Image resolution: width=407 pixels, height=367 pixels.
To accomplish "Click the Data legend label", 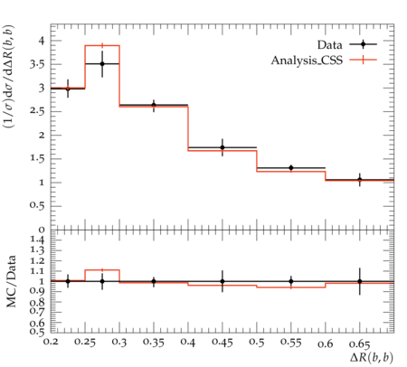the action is (329, 45).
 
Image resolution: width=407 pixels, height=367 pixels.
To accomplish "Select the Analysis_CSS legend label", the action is (307, 61).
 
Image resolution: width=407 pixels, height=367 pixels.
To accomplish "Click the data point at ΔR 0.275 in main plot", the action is (102, 63).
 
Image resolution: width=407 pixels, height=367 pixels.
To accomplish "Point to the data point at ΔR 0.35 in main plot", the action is (154, 105).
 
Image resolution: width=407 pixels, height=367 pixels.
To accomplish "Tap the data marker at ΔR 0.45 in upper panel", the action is (222, 147).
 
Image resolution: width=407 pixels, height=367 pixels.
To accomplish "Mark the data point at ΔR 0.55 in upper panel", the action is (291, 167).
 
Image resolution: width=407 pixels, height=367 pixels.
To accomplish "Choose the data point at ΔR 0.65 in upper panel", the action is (360, 180).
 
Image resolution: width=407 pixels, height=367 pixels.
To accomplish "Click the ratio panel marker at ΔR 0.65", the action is (360, 281).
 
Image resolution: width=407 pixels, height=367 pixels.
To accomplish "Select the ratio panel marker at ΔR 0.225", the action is (68, 281).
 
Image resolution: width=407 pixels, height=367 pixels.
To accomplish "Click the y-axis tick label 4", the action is (41, 41).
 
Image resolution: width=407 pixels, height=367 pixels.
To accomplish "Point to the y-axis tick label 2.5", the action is (37, 112).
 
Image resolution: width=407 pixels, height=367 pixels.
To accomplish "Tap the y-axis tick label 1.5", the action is (37, 159).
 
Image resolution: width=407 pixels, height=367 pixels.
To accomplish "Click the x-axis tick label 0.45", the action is (222, 343).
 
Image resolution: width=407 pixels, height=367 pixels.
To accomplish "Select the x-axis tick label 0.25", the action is (85, 343).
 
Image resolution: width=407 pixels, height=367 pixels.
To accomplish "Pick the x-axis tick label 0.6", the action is (326, 343).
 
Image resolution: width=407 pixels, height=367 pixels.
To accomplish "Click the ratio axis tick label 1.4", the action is (37, 240).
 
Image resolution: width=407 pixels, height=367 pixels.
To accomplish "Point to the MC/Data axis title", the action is (12, 281).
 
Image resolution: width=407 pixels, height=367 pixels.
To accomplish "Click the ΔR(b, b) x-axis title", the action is (372, 357).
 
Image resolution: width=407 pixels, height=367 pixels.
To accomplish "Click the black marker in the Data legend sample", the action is (364, 44).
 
